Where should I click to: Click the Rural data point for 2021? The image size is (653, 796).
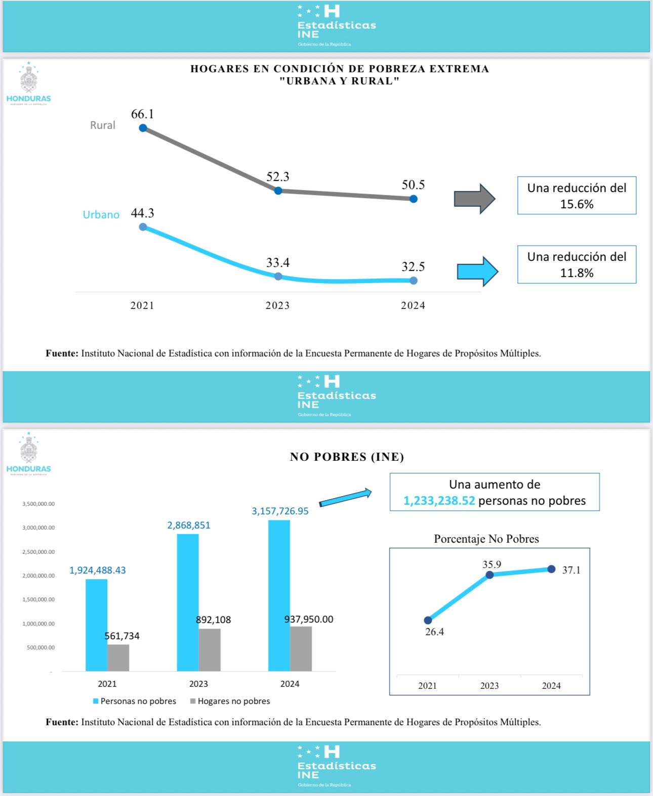click(x=143, y=128)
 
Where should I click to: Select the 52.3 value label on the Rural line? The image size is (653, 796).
click(x=278, y=177)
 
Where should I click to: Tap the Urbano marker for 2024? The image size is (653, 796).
click(x=414, y=281)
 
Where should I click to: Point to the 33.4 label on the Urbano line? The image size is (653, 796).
click(x=278, y=263)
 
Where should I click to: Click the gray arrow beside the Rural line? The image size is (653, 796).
click(x=474, y=199)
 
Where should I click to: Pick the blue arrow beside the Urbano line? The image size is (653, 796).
click(x=477, y=272)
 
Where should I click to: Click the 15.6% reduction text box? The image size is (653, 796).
click(x=577, y=196)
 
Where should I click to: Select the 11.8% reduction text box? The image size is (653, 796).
click(x=577, y=264)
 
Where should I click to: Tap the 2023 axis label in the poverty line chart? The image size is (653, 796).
click(x=277, y=305)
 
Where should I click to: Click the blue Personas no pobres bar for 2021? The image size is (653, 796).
click(x=96, y=625)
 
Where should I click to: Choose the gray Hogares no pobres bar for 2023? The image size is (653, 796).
click(x=210, y=650)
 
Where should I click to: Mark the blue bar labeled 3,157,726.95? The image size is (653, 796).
click(x=279, y=596)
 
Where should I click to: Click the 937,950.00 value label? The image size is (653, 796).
click(x=309, y=620)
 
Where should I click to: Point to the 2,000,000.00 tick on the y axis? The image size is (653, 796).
click(x=38, y=576)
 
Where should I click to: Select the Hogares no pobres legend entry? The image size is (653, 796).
click(x=230, y=701)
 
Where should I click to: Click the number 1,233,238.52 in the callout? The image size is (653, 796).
click(x=439, y=501)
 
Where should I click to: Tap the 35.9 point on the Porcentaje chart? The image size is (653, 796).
click(x=489, y=575)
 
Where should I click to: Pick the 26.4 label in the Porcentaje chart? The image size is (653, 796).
click(x=434, y=632)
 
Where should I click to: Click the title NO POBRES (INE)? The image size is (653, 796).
click(x=347, y=457)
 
